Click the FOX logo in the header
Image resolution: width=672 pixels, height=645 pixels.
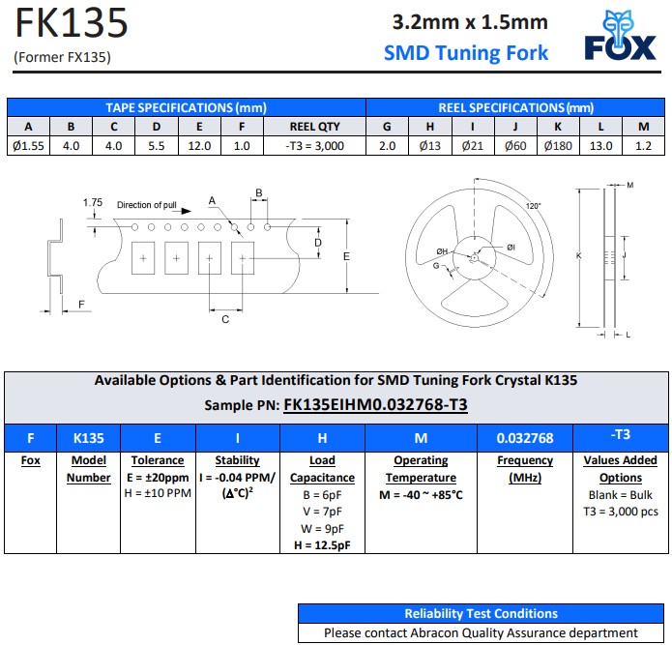point(620,37)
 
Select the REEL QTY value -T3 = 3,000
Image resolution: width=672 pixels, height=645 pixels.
point(314,146)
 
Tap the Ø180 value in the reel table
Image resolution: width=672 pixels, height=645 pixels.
point(558,146)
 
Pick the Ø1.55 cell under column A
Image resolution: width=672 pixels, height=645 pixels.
point(28,146)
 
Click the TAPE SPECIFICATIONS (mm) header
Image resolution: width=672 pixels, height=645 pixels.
point(186,107)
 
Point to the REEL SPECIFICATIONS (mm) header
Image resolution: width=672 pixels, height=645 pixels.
point(515,107)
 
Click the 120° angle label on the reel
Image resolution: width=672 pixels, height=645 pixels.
point(534,206)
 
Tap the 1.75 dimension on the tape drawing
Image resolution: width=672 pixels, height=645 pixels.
point(93,202)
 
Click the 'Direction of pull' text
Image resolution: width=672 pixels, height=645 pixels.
point(147,205)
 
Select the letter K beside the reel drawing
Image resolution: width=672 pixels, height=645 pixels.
point(578,255)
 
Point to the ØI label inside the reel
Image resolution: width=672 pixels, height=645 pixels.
point(511,248)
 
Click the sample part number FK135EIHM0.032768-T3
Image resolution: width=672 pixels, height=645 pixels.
point(375,404)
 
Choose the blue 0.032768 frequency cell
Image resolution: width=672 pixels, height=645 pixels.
point(525,438)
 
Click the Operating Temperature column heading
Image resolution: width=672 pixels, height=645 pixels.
point(421,469)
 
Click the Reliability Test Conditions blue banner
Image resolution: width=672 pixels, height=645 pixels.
point(481,613)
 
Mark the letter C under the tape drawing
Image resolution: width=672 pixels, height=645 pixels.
point(225,319)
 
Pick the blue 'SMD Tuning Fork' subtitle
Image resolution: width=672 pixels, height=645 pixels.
point(466,53)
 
